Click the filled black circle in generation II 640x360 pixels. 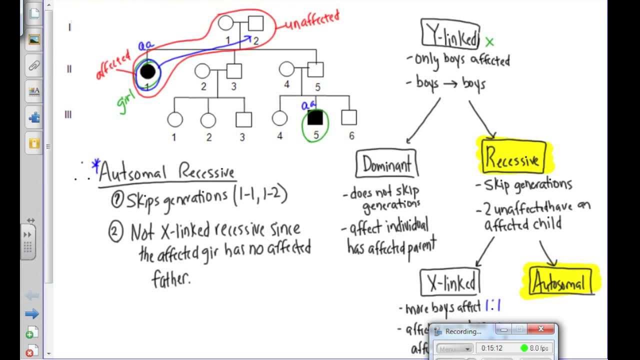pyautogui.click(x=147, y=71)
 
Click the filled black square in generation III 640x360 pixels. pyautogui.click(x=315, y=117)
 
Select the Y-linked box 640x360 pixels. pyautogui.click(x=450, y=34)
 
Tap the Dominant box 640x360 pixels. pyautogui.click(x=386, y=163)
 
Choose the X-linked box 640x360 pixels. pyautogui.click(x=450, y=283)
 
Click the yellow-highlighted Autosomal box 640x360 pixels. pyautogui.click(x=559, y=283)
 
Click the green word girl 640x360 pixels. pyautogui.click(x=128, y=100)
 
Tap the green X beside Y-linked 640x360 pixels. pyautogui.click(x=489, y=42)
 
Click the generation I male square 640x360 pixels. pyautogui.click(x=255, y=23)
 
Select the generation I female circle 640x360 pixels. pyautogui.click(x=226, y=23)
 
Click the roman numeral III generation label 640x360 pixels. pyautogui.click(x=68, y=114)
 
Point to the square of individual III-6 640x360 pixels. pyautogui.click(x=349, y=117)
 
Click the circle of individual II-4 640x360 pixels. pyautogui.click(x=286, y=69)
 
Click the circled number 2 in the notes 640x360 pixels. pyautogui.click(x=116, y=232)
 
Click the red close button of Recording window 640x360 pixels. pyautogui.click(x=541, y=329)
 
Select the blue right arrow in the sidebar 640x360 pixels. pyautogui.click(x=32, y=313)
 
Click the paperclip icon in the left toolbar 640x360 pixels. pyautogui.click(x=34, y=65)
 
